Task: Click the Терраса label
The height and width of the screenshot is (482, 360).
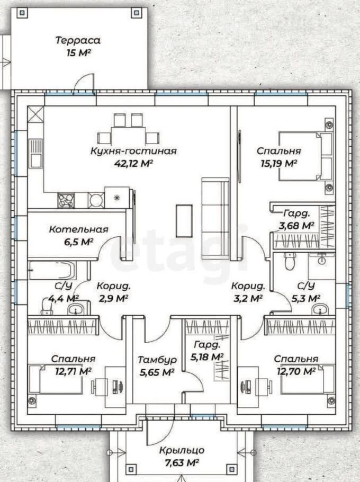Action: click(78, 41)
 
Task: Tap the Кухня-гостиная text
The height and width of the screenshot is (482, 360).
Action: click(133, 151)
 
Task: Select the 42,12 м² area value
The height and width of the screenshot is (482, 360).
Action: click(133, 163)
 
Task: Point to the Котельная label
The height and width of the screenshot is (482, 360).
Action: click(79, 229)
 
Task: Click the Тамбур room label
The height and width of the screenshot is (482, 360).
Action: click(157, 360)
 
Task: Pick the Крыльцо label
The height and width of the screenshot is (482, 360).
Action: click(182, 450)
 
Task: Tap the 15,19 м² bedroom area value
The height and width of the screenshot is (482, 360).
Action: click(278, 163)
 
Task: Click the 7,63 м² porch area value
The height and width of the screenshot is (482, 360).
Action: click(182, 462)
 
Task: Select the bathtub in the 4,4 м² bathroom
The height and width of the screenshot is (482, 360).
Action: click(51, 270)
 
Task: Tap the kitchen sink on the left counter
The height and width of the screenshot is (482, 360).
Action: click(35, 153)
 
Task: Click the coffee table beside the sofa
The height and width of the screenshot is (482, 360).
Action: click(184, 220)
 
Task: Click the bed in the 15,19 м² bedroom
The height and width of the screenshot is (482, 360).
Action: click(305, 156)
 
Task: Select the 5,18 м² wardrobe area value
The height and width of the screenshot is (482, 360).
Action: click(207, 357)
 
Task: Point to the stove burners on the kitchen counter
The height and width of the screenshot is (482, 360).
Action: click(66, 201)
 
